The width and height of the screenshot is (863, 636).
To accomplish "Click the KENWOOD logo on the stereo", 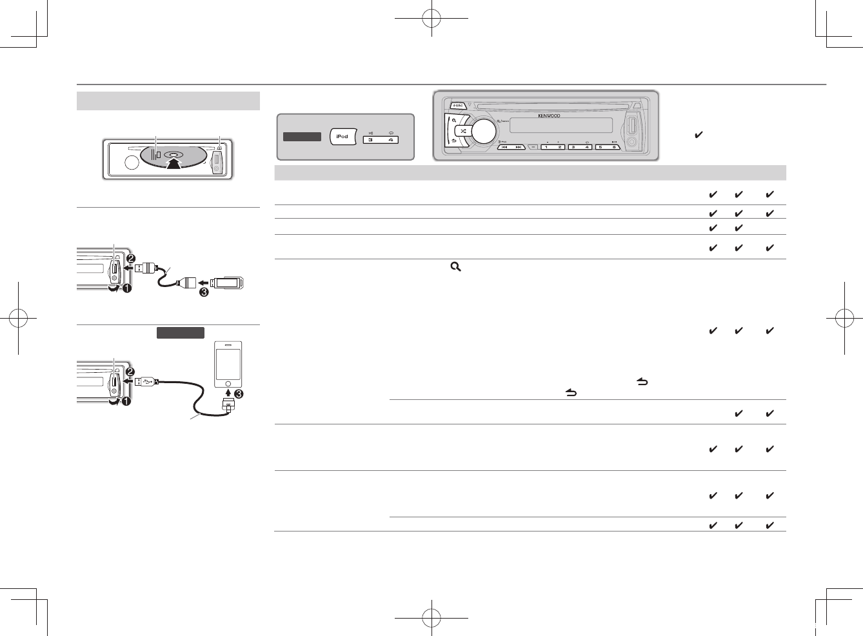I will [549, 116].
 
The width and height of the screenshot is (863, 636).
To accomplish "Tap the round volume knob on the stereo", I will [484, 131].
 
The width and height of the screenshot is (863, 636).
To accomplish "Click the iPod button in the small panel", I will [342, 137].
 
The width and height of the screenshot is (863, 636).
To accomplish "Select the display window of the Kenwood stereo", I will [560, 125].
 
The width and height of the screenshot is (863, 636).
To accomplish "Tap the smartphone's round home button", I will [228, 383].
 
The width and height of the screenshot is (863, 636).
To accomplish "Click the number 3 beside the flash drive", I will [204, 292].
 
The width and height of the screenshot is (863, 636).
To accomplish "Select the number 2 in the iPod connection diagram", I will [130, 372].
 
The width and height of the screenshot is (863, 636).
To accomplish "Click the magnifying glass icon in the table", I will [455, 266].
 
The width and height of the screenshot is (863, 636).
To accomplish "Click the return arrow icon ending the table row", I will [571, 392].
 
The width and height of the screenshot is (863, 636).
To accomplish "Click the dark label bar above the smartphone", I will [180, 333].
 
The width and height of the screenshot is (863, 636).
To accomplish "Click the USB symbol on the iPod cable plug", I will [150, 382].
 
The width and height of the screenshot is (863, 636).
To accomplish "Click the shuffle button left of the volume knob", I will [463, 131].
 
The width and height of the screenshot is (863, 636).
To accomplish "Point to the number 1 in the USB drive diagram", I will [126, 288].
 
